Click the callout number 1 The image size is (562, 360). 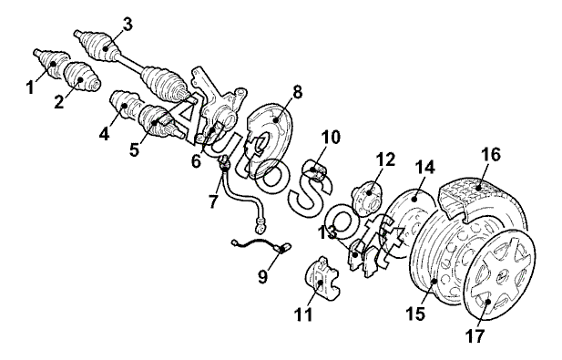point(31,87)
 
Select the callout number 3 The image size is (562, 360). point(128,25)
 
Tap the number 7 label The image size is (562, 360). point(213,201)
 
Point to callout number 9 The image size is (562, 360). point(263,276)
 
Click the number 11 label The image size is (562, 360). point(303,314)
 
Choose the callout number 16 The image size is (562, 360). point(491,155)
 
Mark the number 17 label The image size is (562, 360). point(475,336)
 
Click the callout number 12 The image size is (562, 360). point(385,159)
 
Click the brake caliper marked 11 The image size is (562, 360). point(322,278)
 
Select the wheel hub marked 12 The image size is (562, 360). point(367,197)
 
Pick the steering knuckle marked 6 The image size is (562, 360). point(219,108)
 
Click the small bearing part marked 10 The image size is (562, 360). point(316,170)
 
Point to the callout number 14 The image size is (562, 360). point(424,168)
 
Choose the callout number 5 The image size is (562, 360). point(134,149)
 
